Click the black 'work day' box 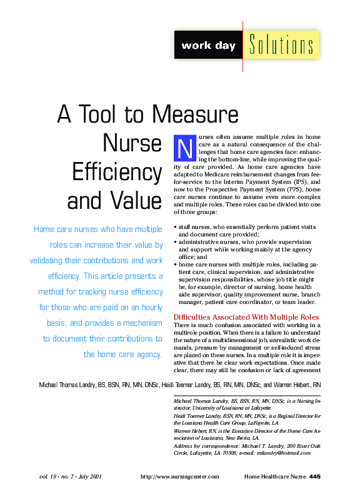(x=204, y=46)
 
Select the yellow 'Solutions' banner (x=281, y=46)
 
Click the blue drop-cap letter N (x=184, y=147)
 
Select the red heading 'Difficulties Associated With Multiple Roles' (x=246, y=317)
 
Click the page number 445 (x=315, y=477)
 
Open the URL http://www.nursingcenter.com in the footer (x=180, y=477)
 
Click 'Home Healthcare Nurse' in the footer (x=275, y=477)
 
